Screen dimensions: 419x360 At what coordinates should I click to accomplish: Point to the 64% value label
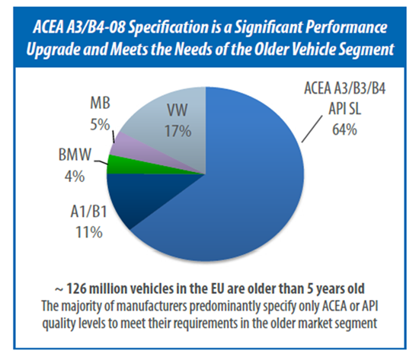click(x=344, y=130)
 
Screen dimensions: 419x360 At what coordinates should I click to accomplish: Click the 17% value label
click(x=178, y=131)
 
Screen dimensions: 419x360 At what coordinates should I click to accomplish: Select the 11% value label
click(x=89, y=232)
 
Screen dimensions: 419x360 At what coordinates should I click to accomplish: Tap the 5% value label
click(x=100, y=125)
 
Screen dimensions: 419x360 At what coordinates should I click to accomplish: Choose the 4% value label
click(x=75, y=177)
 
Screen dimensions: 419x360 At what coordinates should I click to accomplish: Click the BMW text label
click(x=75, y=155)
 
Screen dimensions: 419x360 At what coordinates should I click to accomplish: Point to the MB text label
click(x=100, y=103)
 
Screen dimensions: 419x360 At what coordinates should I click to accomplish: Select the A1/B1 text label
click(x=88, y=212)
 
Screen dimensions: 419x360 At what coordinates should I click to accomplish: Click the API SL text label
click(x=344, y=108)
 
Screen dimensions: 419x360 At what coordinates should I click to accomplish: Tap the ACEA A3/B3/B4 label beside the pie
click(x=344, y=88)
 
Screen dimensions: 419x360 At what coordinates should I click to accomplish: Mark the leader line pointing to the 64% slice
click(x=312, y=129)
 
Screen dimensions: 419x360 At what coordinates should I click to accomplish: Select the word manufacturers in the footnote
click(x=152, y=306)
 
